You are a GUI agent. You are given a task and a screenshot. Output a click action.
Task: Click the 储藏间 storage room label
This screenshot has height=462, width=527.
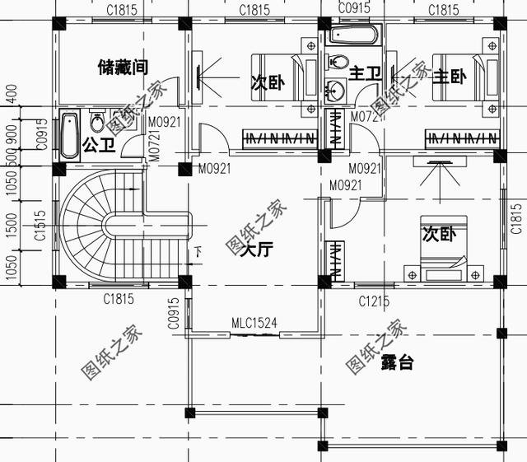point(121,65)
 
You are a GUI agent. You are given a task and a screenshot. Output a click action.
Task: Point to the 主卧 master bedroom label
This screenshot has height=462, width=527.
point(450,77)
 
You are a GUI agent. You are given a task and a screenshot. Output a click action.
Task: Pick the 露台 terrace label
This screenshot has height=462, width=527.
point(397,362)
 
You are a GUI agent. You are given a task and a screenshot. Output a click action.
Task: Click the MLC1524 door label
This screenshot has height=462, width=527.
point(254,324)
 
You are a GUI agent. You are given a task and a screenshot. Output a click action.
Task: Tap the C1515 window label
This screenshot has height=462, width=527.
point(39,224)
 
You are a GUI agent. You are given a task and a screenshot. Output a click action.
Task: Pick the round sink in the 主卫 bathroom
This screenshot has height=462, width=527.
point(335,91)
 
